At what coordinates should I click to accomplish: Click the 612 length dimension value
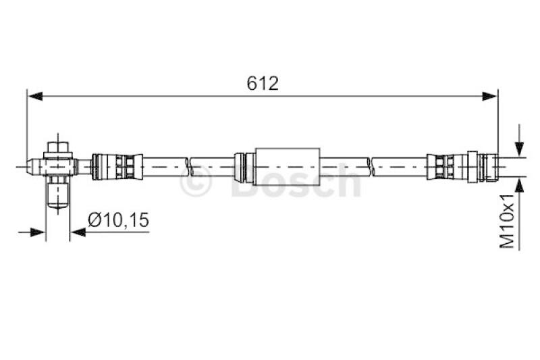[x=263, y=83]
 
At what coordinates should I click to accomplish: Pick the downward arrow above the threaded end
[x=518, y=148]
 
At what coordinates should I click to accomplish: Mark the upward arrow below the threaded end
[x=518, y=185]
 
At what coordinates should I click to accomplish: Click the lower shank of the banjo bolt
[x=58, y=192]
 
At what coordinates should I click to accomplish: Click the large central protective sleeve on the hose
[x=287, y=164]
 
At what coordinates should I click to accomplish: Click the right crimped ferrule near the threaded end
[x=446, y=164]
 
